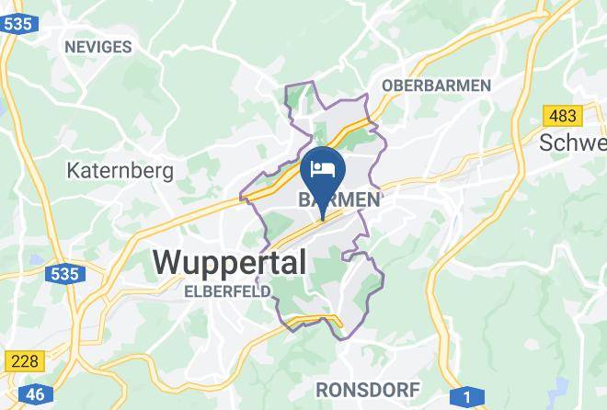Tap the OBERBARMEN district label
(x=436, y=85)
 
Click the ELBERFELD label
(x=227, y=290)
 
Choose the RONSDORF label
(x=368, y=389)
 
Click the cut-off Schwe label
(x=572, y=143)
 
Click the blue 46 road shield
(x=36, y=394)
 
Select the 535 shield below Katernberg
(x=65, y=273)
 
